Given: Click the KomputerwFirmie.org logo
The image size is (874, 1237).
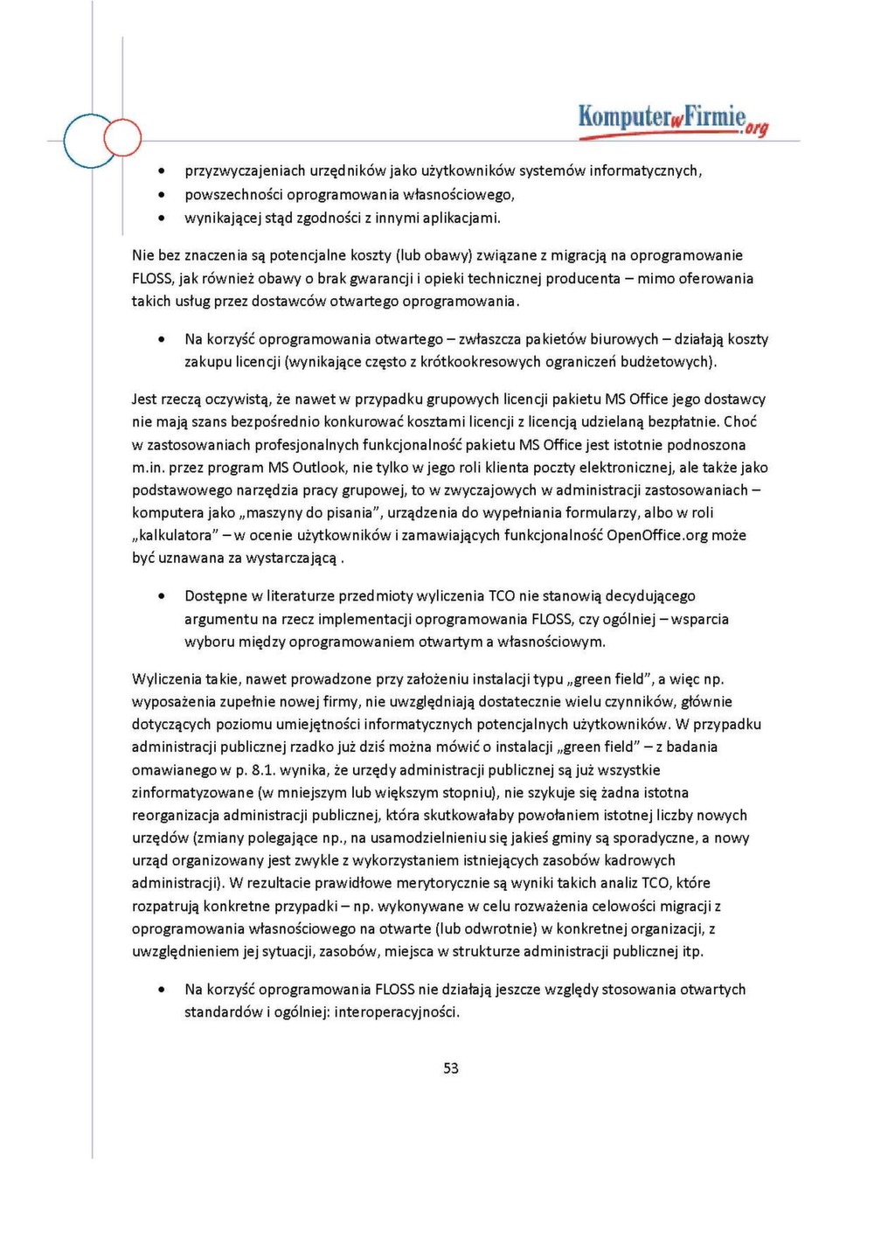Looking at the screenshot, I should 672,119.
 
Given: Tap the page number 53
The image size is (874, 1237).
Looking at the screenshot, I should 451,1067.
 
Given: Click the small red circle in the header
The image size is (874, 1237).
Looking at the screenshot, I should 122,137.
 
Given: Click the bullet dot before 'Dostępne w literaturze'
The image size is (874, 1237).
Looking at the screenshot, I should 162,596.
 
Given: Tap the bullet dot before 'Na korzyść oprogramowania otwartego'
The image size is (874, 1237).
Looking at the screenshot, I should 162,339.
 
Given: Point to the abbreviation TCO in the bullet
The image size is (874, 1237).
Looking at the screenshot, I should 502,596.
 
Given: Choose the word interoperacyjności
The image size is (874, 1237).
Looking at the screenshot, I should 397,1012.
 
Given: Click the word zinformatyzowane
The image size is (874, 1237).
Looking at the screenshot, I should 192,793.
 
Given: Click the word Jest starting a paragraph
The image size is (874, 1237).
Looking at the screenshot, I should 144,400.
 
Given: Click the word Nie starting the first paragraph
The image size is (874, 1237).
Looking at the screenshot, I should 142,255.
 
